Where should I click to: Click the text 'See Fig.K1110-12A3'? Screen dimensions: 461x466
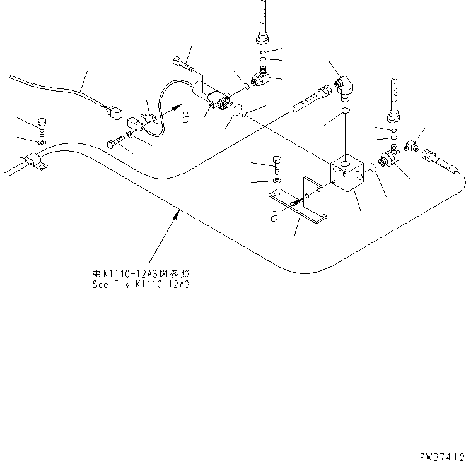(x=140, y=285)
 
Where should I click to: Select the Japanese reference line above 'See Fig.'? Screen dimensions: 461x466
(x=140, y=274)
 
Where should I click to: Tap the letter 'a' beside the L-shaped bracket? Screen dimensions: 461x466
(x=274, y=216)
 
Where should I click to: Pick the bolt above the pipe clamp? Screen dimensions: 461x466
(x=42, y=127)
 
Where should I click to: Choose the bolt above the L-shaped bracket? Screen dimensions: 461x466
(x=276, y=164)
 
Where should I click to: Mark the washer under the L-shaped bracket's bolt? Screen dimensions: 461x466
(x=276, y=182)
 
